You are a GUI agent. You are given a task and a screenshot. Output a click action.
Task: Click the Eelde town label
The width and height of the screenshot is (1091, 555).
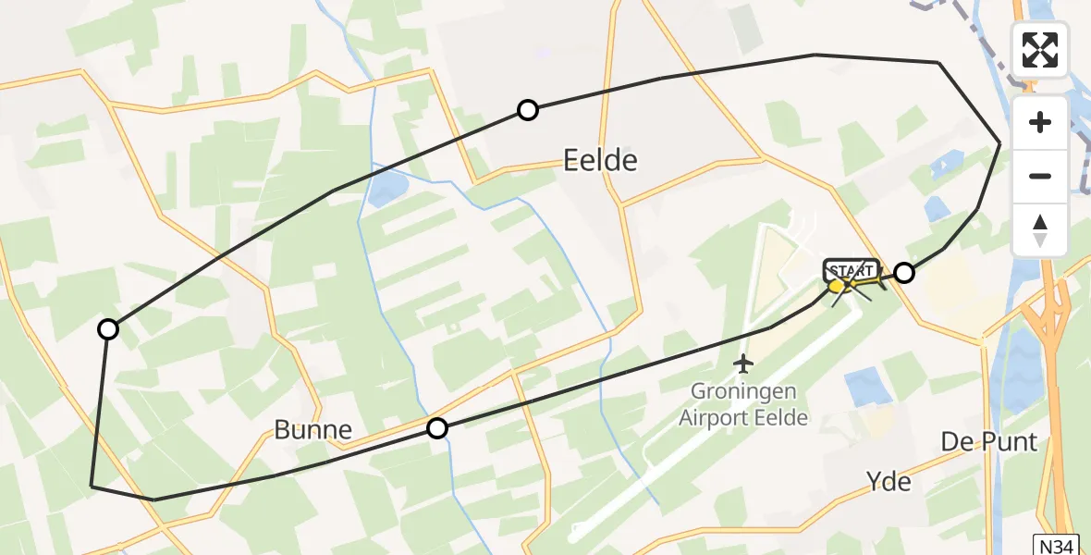tap(600, 161)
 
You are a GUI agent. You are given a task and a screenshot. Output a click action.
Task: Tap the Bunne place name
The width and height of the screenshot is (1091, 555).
tap(313, 429)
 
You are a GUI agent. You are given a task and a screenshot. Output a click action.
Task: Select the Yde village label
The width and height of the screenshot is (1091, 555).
tap(889, 481)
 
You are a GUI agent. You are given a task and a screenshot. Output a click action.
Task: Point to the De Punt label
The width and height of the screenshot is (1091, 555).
tap(989, 441)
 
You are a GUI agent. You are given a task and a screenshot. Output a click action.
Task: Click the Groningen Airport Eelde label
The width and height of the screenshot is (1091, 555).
tap(743, 405)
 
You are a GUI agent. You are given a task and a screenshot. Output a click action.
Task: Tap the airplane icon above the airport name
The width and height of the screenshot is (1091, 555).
tap(743, 364)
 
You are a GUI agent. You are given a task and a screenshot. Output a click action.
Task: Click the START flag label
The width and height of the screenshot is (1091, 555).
tap(851, 271)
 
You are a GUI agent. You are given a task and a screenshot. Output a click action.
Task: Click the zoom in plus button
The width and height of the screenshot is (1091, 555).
tap(1040, 122)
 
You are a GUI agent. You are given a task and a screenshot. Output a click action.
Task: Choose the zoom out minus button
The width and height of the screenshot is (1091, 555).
tap(1040, 176)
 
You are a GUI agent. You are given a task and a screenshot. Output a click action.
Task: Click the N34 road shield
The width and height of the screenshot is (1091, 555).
tap(1053, 545)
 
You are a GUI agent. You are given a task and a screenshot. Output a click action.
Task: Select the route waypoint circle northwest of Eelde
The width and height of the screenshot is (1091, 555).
tap(527, 110)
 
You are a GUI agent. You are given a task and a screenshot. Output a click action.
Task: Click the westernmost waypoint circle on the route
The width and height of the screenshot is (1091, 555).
tap(108, 329)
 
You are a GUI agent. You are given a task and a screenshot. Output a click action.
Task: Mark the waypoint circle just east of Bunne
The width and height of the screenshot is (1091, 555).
tap(436, 428)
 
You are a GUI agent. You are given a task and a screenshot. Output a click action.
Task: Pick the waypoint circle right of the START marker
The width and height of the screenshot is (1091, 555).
tap(904, 272)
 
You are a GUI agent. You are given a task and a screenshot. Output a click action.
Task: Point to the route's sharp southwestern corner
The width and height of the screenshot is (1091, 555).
tap(92, 485)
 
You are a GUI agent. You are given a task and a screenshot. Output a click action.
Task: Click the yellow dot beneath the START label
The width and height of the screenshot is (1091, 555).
tap(838, 286)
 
